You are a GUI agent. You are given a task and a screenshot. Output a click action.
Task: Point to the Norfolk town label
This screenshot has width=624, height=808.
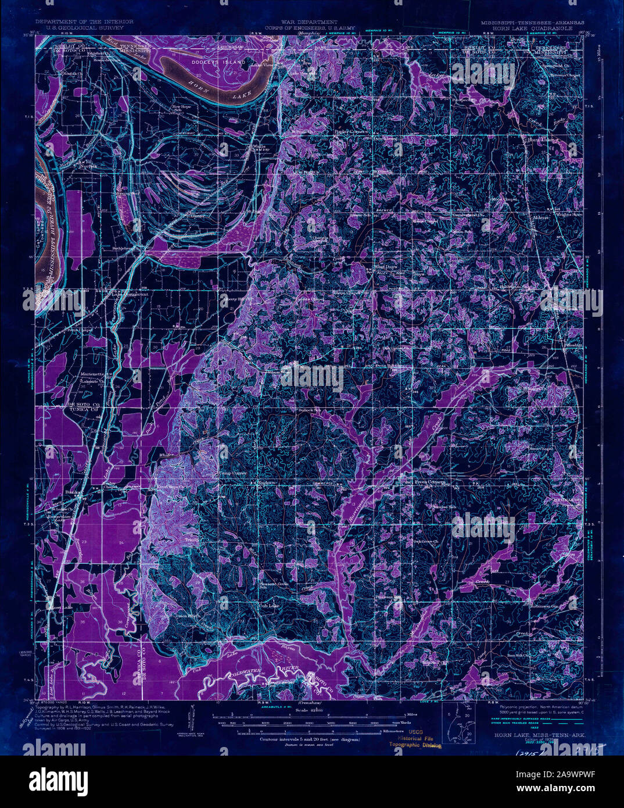[x=88, y=166]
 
